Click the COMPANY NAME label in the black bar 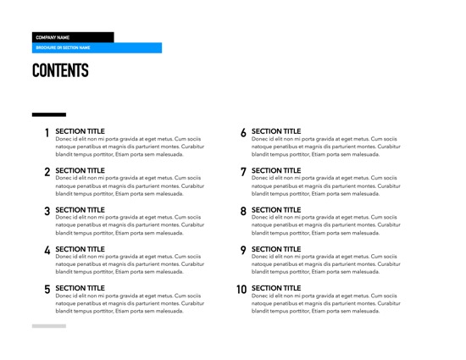(53, 37)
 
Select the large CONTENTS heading (60, 71)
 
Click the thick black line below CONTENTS (48, 114)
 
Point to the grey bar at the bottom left (48, 325)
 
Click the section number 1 (47, 133)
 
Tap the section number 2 (47, 172)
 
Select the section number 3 (47, 211)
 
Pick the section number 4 (47, 251)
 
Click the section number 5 (47, 290)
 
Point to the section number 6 (243, 133)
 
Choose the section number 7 (243, 172)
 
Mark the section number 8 (243, 211)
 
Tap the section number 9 (243, 251)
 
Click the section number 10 (241, 290)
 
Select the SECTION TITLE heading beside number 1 (80, 131)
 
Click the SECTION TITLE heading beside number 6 (276, 131)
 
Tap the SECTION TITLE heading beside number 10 (276, 288)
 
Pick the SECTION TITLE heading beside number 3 (80, 209)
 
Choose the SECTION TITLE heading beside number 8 (276, 209)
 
